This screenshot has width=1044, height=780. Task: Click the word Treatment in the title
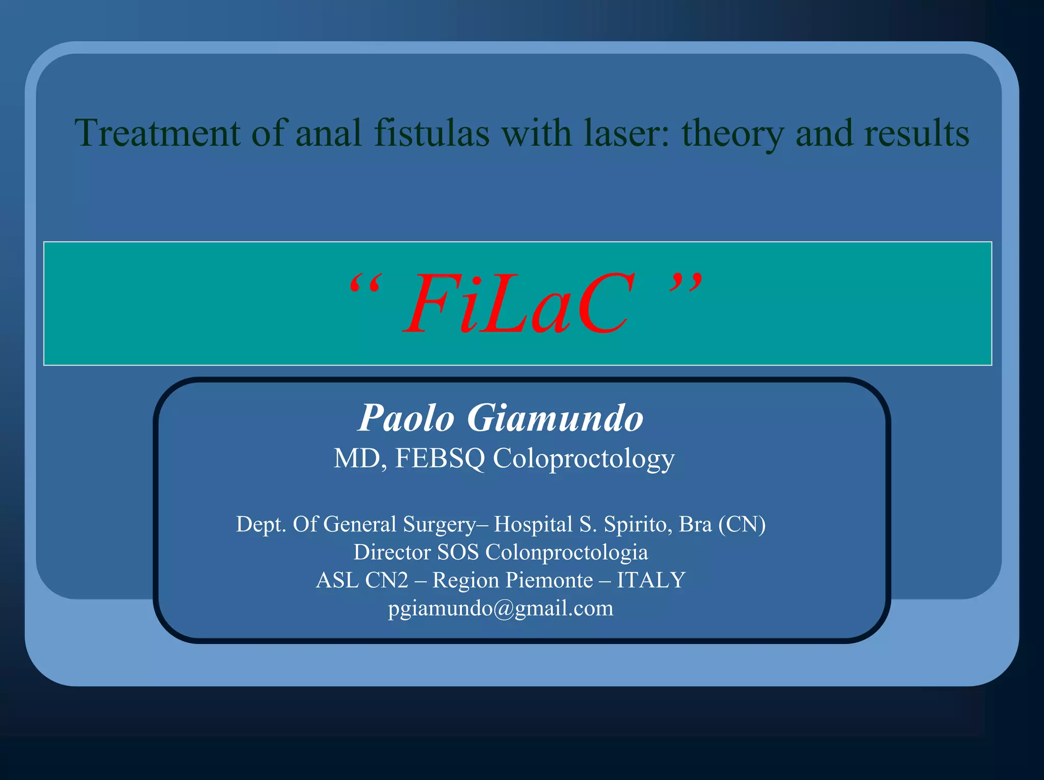coord(157,133)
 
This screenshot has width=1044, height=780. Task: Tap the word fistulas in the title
coord(431,133)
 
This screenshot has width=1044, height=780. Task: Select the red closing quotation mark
coord(686,282)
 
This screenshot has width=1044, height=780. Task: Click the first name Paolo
coord(406,418)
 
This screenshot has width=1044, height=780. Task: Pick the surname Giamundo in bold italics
coord(555,418)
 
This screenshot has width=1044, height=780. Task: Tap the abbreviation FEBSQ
coord(440,458)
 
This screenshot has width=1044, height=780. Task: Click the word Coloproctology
coord(583,459)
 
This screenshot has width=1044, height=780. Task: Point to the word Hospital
coord(533,524)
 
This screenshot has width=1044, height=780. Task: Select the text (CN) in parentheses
coord(742,524)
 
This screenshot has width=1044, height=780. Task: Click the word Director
coord(391,552)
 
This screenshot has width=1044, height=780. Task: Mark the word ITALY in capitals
coord(651,580)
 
